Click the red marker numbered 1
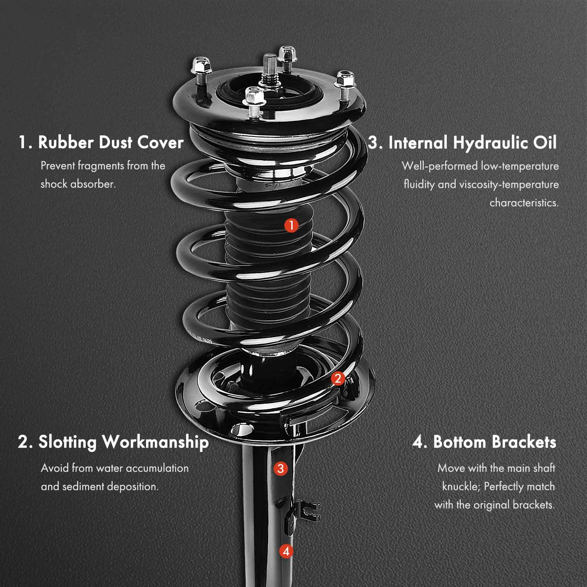pos(291,225)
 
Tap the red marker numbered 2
pos(338,378)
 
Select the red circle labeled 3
pos(280,468)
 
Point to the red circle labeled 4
pos(286,551)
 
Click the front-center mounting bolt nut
pos(255,96)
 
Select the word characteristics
pos(524,203)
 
